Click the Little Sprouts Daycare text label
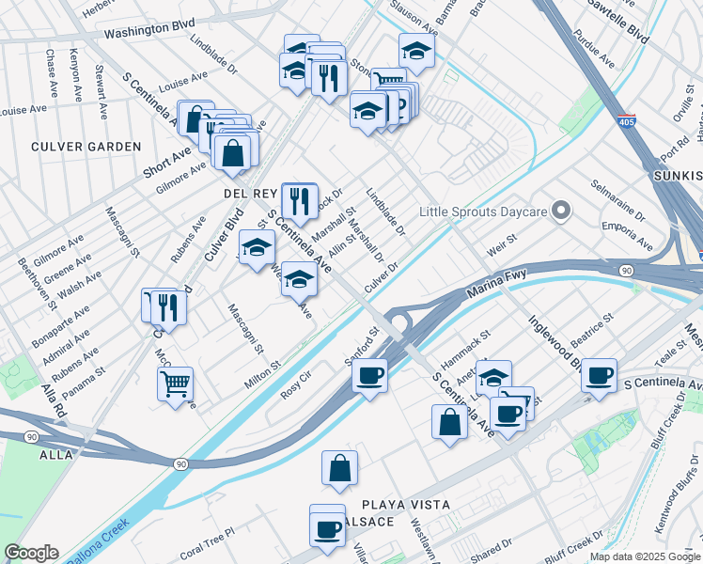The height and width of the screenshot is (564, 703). (483, 212)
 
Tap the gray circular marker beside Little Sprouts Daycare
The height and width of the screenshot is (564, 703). (561, 211)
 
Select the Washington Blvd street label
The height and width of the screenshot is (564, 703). (143, 30)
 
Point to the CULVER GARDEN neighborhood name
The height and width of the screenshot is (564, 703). (86, 147)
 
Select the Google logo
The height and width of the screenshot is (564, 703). (31, 553)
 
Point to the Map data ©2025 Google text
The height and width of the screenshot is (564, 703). (644, 556)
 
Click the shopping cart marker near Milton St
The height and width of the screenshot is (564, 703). (176, 384)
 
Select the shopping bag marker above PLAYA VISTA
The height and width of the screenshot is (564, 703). (340, 467)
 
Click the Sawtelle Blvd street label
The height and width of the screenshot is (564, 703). (617, 20)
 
